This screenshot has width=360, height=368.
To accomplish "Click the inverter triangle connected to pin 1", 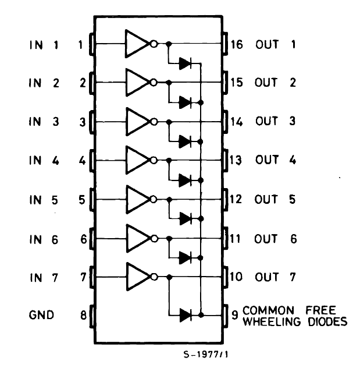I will coord(136,44).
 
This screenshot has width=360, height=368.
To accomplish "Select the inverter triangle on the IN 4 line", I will coord(136,160).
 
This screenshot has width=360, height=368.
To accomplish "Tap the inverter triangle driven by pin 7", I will coord(136,276).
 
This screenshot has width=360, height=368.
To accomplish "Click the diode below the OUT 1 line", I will coord(186,63).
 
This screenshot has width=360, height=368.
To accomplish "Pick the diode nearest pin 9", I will coord(186,315).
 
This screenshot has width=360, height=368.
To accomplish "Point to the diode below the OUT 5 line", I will coord(186,218).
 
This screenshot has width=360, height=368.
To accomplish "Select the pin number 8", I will coord(83,315).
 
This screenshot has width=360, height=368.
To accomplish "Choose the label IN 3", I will coord(43,122).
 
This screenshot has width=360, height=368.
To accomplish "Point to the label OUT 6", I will coord(275,238).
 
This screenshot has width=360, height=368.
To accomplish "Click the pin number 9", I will coord(234,315).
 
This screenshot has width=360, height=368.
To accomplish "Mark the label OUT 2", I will coord(275,83).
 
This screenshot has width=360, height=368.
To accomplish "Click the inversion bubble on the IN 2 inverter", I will coord(154,83).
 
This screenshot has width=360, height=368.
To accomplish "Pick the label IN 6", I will coord(43,238).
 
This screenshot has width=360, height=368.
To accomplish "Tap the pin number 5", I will coord(83,199).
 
